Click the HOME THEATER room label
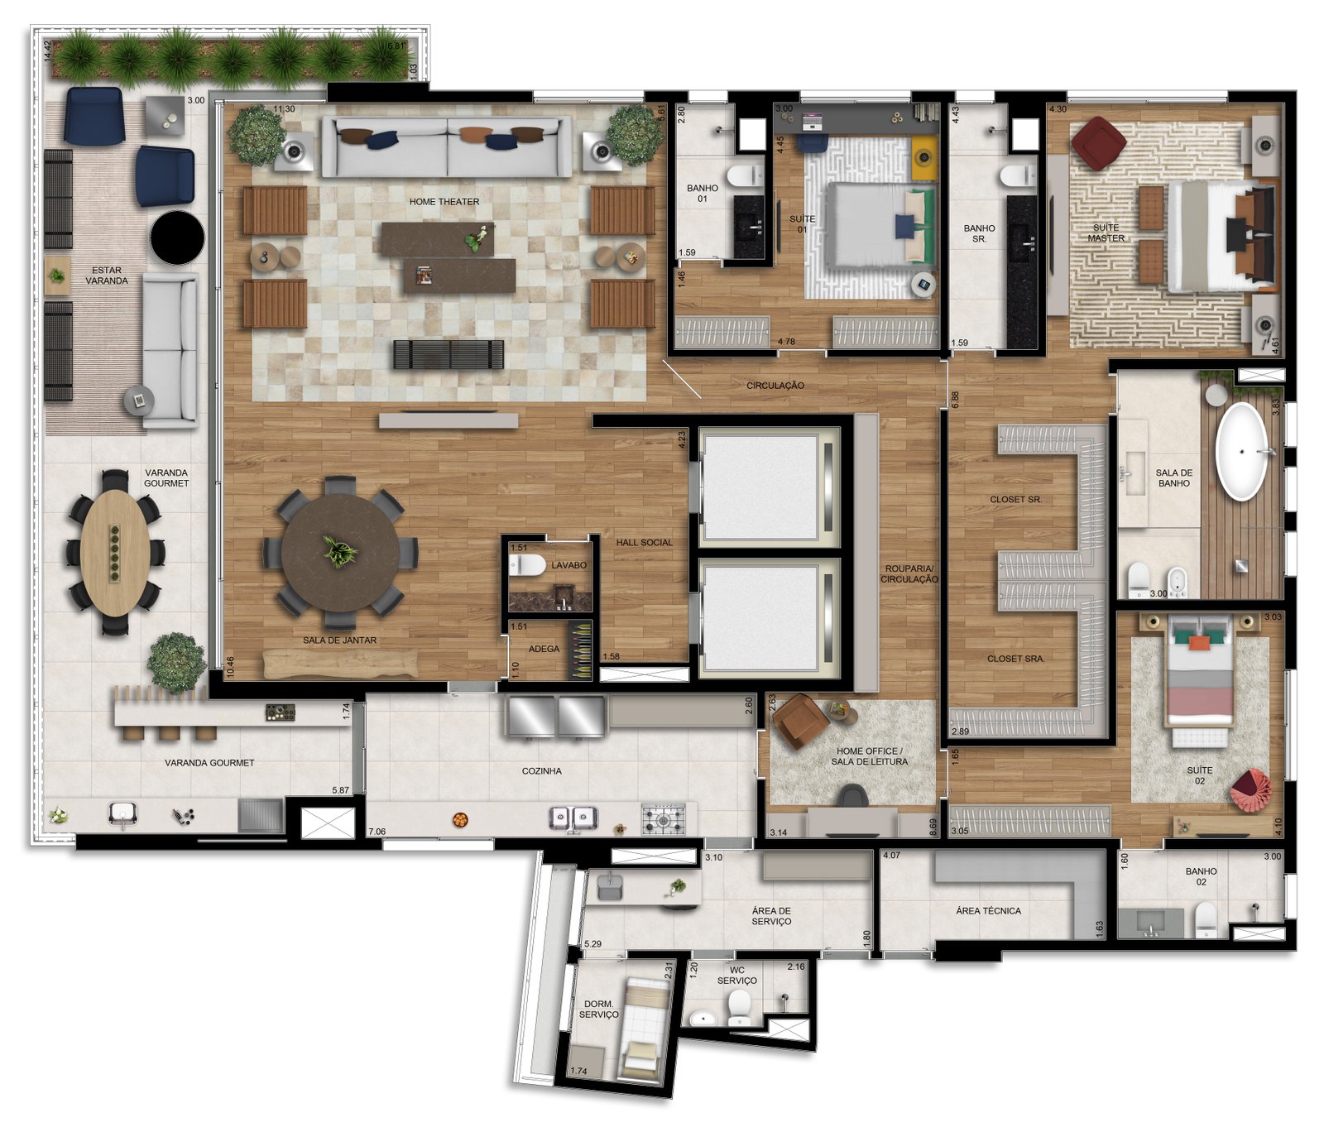point(444,202)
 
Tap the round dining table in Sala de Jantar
point(340,553)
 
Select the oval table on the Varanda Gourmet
point(116,553)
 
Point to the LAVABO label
point(569,565)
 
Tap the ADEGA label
point(544,649)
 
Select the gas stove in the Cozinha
point(664,818)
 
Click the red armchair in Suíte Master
point(1098,143)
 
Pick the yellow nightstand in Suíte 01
point(923,157)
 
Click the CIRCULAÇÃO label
point(775,386)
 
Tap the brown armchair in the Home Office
point(800,721)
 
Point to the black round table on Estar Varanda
point(177,237)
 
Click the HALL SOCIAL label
point(645,543)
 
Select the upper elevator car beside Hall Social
point(760,487)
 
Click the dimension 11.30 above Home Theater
point(284,109)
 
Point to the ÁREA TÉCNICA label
point(988,911)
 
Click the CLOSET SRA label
point(1015,659)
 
